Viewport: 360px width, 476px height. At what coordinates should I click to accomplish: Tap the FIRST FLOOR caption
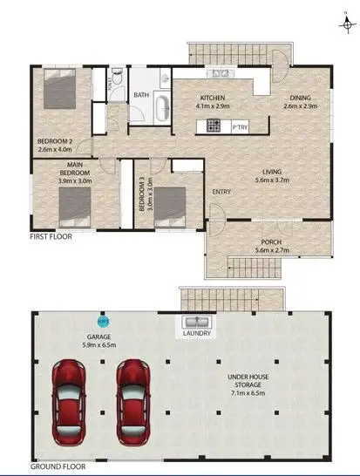(x=51, y=236)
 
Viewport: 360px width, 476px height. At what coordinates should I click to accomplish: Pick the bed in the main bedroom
(x=73, y=207)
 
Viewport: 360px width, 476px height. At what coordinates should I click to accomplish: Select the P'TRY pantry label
(x=241, y=128)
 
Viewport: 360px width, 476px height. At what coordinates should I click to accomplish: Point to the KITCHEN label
(x=214, y=97)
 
